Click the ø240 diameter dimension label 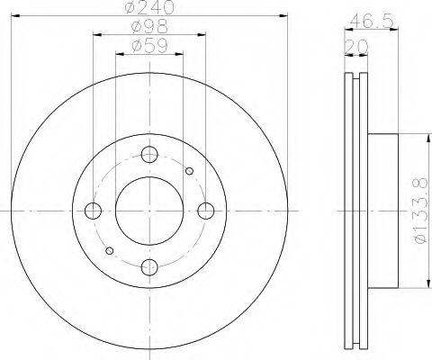click(150, 8)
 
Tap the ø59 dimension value click(149, 44)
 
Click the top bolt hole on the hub click(149, 154)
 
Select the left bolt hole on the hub click(93, 211)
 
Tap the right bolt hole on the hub click(206, 211)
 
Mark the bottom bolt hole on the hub click(149, 266)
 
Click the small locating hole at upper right click(188, 171)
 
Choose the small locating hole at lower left click(110, 250)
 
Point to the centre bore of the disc click(149, 211)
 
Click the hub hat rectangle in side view click(382, 211)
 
